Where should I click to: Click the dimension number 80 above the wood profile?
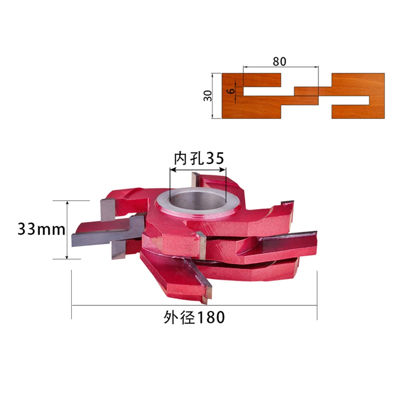point(279,61)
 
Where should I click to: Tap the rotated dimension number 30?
point(208,96)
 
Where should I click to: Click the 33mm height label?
point(41,229)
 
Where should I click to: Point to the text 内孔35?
point(199,158)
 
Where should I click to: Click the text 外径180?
point(194,317)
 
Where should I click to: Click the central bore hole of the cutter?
point(198,200)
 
